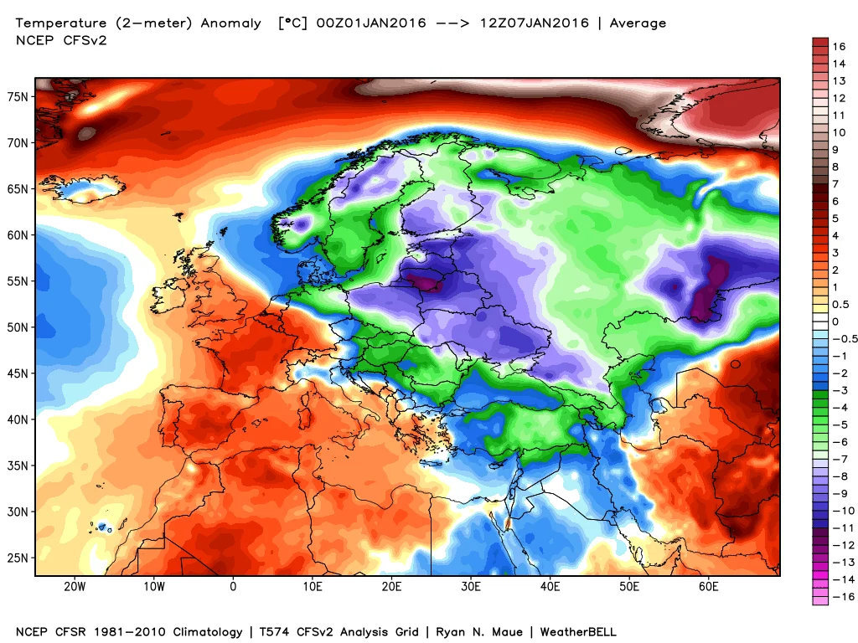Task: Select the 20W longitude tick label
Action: (75, 586)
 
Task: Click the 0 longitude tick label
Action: (233, 586)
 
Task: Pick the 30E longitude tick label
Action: (471, 586)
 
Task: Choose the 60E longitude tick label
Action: (709, 586)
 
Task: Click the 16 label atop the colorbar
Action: (838, 46)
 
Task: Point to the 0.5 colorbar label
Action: (840, 304)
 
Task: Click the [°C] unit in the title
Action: (293, 23)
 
